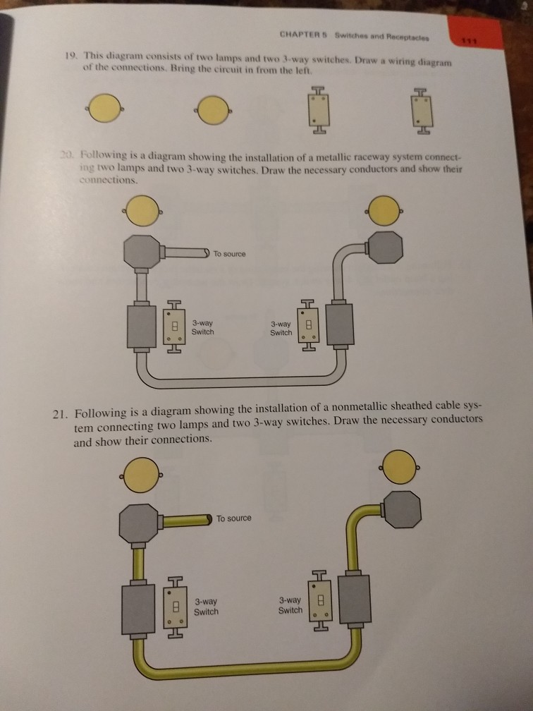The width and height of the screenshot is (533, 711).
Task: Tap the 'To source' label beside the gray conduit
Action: click(230, 254)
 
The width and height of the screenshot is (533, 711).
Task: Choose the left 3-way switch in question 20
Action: click(174, 327)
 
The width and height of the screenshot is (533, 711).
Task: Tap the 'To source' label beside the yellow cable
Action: click(233, 518)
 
